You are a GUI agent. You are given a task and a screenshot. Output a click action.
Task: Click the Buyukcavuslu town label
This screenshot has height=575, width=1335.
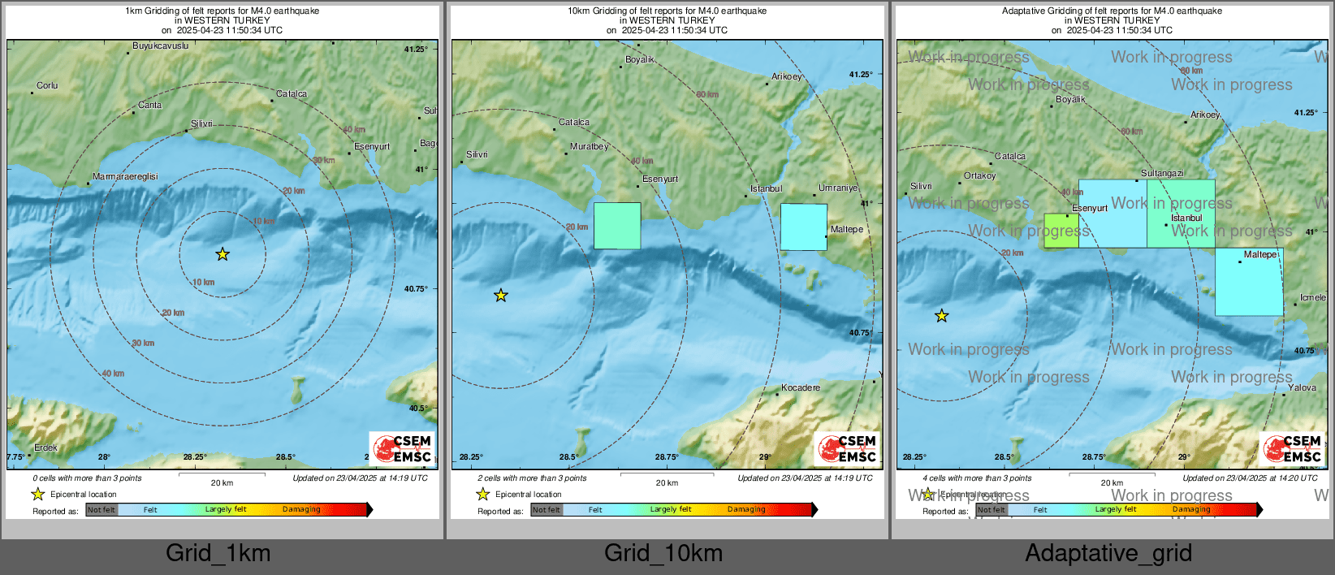(160, 46)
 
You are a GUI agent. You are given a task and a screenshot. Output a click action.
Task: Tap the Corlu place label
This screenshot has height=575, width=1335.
(47, 85)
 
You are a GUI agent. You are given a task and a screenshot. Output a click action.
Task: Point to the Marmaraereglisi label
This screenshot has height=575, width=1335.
(125, 176)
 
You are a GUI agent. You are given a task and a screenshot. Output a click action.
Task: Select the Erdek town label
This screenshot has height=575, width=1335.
(45, 447)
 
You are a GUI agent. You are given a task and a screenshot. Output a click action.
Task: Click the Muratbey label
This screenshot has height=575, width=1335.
(589, 147)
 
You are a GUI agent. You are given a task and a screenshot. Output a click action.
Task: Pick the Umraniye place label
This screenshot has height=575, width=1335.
(837, 188)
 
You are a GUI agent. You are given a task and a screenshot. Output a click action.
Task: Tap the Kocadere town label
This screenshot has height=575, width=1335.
(800, 387)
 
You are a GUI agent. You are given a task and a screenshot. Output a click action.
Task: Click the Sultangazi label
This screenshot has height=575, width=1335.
(1162, 173)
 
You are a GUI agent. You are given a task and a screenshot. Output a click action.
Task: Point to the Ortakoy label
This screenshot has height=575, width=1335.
(979, 175)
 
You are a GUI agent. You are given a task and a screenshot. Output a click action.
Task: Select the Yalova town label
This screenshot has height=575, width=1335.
(1302, 387)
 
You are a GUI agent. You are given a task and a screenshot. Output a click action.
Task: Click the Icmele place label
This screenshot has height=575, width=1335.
(1312, 297)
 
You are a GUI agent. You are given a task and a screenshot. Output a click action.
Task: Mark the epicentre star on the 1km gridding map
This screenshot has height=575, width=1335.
(222, 254)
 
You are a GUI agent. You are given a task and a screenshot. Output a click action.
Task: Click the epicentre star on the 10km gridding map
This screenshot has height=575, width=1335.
(501, 295)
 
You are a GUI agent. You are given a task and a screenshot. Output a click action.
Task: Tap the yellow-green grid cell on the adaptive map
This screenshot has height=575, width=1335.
(1061, 231)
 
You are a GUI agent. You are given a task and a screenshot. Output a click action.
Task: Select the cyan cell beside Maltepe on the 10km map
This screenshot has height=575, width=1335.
(803, 227)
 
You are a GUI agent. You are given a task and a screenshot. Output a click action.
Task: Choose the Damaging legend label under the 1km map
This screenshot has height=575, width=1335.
(301, 510)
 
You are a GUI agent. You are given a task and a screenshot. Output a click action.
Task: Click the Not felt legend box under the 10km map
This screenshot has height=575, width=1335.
(547, 510)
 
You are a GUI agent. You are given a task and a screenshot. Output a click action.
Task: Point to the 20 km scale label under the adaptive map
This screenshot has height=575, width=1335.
(1112, 483)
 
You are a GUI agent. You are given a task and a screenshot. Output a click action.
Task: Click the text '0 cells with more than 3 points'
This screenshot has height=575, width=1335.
(87, 478)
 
